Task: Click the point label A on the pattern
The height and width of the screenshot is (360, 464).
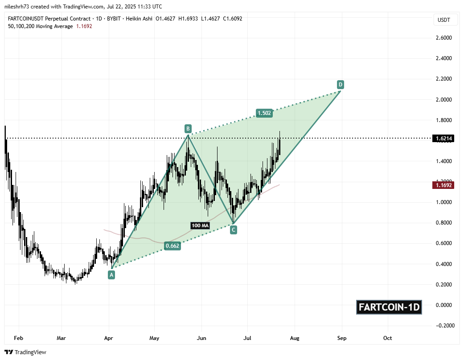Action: [x=111, y=275]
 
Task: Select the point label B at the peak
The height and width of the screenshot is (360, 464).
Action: [x=188, y=129]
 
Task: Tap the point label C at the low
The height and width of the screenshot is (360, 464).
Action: [x=233, y=230]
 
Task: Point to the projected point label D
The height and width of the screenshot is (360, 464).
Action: [x=340, y=84]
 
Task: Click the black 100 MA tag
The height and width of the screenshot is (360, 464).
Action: [x=201, y=225]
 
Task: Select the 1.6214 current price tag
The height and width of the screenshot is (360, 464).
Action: [x=446, y=139]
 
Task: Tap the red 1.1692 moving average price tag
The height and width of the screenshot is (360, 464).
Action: [x=446, y=185]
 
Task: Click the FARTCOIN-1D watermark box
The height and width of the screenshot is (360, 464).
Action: [x=389, y=307]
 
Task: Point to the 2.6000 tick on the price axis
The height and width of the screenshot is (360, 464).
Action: [x=446, y=38]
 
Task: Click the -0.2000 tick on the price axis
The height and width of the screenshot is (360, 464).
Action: [x=446, y=326]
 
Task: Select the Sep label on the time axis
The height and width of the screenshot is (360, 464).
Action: [x=341, y=338]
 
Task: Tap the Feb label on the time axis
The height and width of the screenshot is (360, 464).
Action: [x=18, y=338]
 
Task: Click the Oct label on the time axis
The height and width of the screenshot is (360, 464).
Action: [x=387, y=338]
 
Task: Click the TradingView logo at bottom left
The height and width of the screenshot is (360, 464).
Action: [x=26, y=352]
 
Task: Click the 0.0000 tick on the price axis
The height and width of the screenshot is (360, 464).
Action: [x=446, y=305]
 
